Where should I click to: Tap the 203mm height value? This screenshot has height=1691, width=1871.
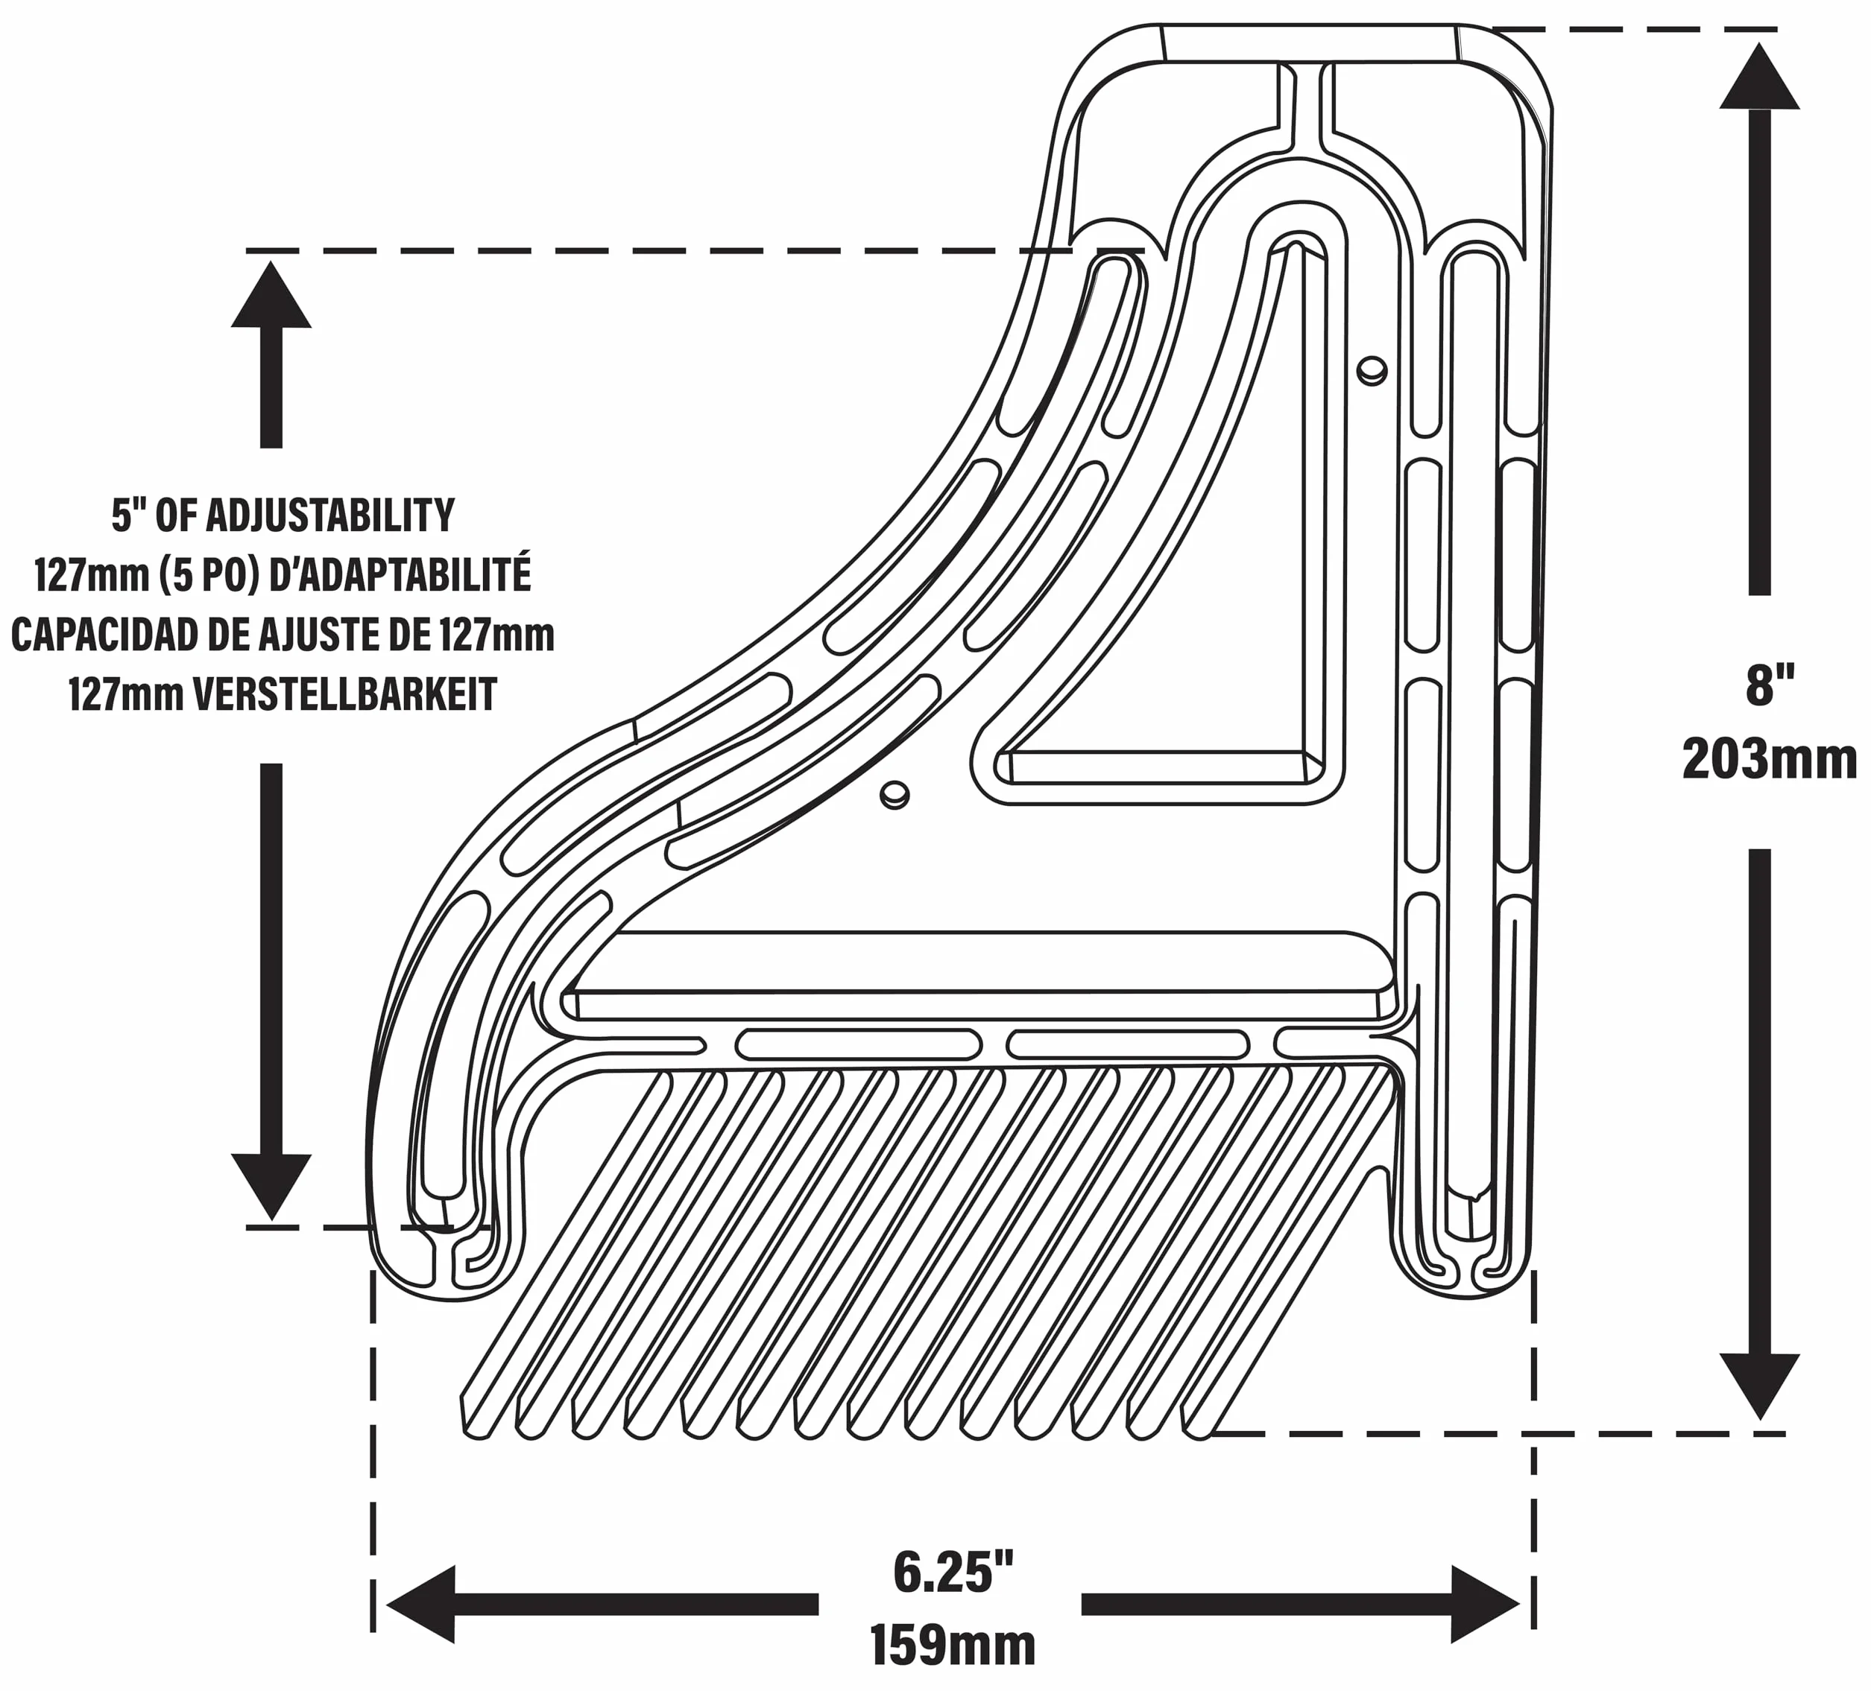click(1770, 760)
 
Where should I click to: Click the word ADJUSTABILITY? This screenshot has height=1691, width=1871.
click(329, 515)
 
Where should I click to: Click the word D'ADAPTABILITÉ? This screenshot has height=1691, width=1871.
click(399, 575)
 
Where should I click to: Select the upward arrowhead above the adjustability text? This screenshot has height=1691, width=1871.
click(271, 295)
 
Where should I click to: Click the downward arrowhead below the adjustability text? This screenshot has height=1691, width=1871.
click(271, 1187)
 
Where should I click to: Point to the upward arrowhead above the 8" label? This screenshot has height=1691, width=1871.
click(1760, 76)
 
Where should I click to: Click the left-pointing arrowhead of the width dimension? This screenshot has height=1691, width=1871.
click(420, 1604)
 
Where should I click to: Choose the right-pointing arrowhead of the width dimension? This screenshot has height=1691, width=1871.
click(1486, 1604)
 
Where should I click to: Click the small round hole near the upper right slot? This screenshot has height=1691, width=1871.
click(1372, 370)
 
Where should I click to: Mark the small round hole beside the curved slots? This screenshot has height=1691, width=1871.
click(895, 794)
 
